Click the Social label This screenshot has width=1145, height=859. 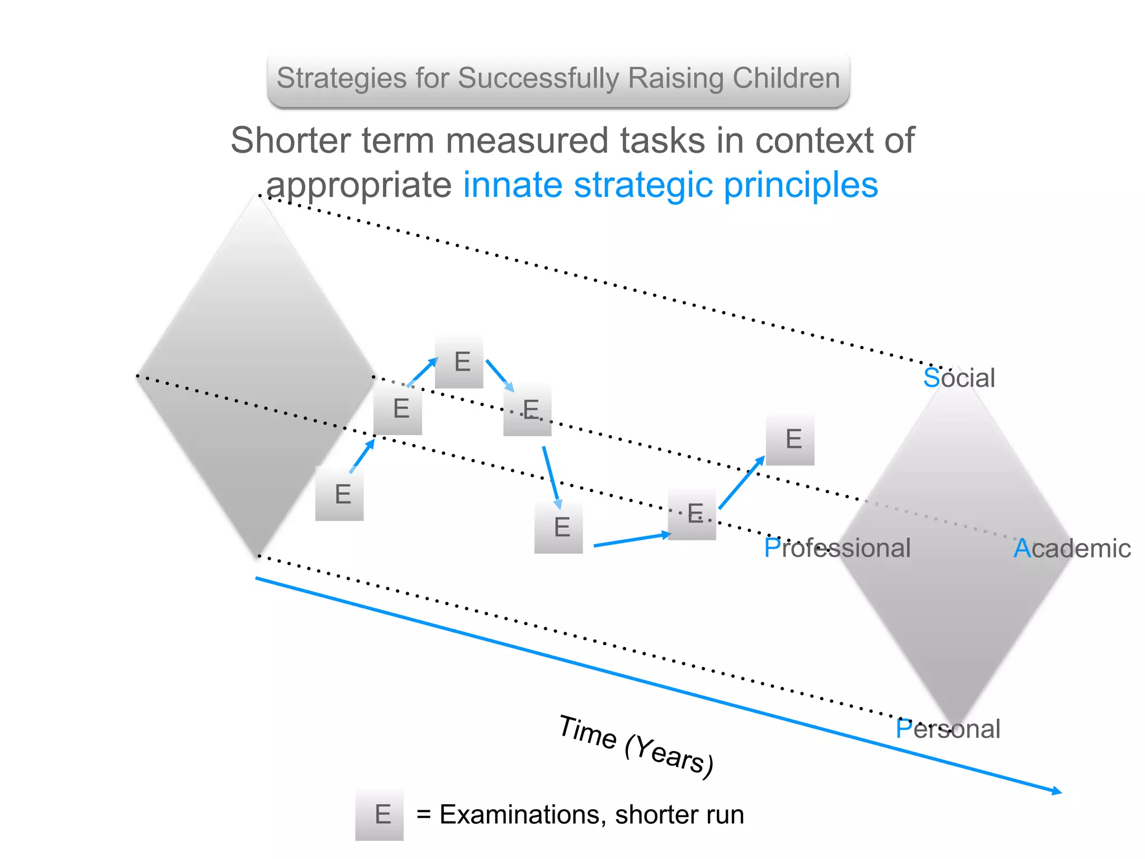coord(959,378)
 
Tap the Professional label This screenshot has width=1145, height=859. coord(837,548)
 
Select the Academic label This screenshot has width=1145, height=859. coord(1072,549)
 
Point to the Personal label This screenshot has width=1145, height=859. coord(948,729)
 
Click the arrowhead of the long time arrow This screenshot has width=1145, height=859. coord(1057,791)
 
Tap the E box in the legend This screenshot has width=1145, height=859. coord(380,814)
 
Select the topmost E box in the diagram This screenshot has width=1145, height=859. coord(460,362)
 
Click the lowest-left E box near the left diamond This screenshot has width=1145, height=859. coord(339,494)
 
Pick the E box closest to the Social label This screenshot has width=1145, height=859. coord(790,439)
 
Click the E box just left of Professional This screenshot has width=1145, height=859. coord(692,513)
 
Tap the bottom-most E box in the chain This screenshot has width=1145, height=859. coord(559,527)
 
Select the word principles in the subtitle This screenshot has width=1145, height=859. coord(801,185)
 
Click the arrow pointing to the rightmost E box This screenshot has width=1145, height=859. coord(741,482)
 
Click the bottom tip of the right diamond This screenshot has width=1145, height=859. coord(957,726)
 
